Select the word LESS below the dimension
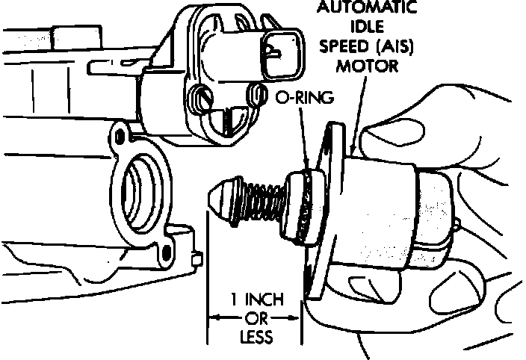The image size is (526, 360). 254,336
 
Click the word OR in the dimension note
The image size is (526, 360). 254,318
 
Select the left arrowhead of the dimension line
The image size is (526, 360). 211,318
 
